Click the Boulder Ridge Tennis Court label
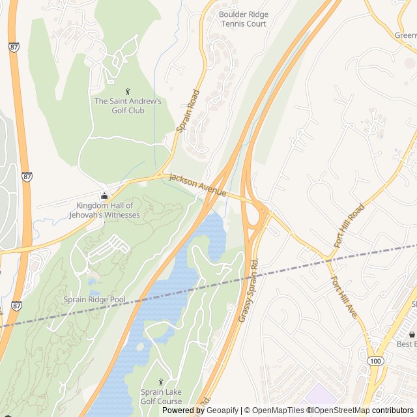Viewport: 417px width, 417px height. [x=243, y=19]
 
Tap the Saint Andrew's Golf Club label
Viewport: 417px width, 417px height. [x=128, y=106]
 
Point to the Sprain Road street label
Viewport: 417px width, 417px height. [x=188, y=111]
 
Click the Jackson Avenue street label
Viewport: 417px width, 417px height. [x=197, y=185]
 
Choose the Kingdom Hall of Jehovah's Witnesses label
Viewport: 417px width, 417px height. [x=104, y=210]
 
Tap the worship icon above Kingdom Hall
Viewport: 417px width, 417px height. [x=104, y=196]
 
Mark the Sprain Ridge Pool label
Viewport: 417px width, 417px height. [x=94, y=300]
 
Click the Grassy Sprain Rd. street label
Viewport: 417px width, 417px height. [x=249, y=292]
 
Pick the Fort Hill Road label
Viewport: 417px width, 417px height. [x=349, y=225]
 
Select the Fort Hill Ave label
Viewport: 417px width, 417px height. [x=343, y=298]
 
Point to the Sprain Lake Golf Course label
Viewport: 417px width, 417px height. [x=162, y=397]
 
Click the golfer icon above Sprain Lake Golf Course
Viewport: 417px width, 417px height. [x=162, y=382]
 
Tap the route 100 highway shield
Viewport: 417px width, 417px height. [x=375, y=360]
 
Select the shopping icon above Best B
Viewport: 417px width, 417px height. [x=411, y=334]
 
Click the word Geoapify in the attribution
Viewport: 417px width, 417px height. [x=222, y=410]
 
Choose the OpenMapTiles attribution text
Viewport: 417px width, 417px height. [x=274, y=410]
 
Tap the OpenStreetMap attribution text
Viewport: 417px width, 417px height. [x=341, y=410]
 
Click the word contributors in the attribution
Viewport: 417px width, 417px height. [x=393, y=410]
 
